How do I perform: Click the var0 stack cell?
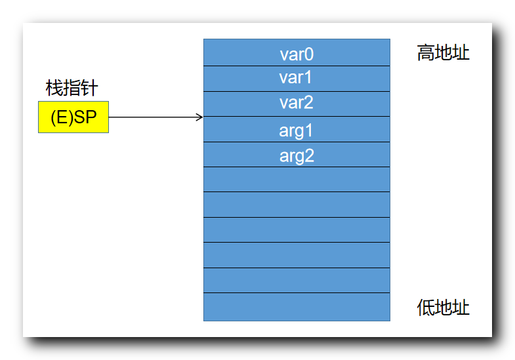coord(297,52)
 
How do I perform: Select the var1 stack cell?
coord(297,79)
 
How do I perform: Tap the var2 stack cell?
coord(297,104)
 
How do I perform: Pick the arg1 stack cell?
coord(297,130)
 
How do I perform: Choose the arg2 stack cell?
coord(297,155)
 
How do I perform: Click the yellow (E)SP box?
coord(73,117)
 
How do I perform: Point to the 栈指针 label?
coord(72,88)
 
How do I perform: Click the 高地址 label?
coord(443,53)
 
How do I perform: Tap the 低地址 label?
coord(443,308)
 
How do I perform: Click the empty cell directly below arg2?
coord(297,179)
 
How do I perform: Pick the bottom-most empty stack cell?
coord(297,307)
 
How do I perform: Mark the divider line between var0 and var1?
coord(297,66)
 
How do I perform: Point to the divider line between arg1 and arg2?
coord(297,142)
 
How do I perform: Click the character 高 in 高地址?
coord(426,53)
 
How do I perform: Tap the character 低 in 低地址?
coord(426,308)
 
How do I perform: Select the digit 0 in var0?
coord(309,53)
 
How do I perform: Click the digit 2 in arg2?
coord(309,156)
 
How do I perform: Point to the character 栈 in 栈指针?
coord(54,88)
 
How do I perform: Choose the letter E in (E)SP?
coord(61,118)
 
